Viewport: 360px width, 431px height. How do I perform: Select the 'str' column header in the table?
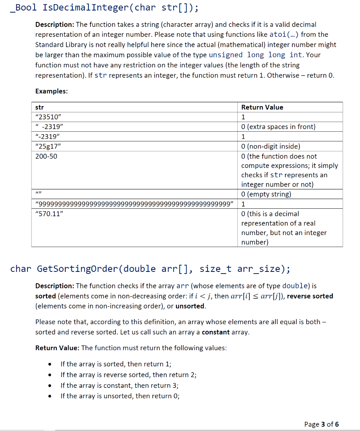pyautogui.click(x=40, y=107)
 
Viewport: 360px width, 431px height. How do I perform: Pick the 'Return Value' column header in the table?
pyautogui.click(x=262, y=107)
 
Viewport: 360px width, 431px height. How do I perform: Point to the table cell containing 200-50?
pyautogui.click(x=46, y=156)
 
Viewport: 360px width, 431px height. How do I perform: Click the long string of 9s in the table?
pyautogui.click(x=134, y=204)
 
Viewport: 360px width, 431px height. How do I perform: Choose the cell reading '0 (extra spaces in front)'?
pyautogui.click(x=278, y=127)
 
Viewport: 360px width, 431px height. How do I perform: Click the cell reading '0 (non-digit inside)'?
pyautogui.click(x=270, y=146)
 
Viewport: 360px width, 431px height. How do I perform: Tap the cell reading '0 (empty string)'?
pyautogui.click(x=266, y=194)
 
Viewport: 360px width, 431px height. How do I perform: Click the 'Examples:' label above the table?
pyautogui.click(x=51, y=91)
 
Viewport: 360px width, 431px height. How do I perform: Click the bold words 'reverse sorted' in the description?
pyautogui.click(x=310, y=296)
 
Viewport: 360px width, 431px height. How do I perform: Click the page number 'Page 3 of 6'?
pyautogui.click(x=321, y=424)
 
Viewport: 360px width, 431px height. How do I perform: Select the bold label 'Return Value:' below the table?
pyautogui.click(x=57, y=348)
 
